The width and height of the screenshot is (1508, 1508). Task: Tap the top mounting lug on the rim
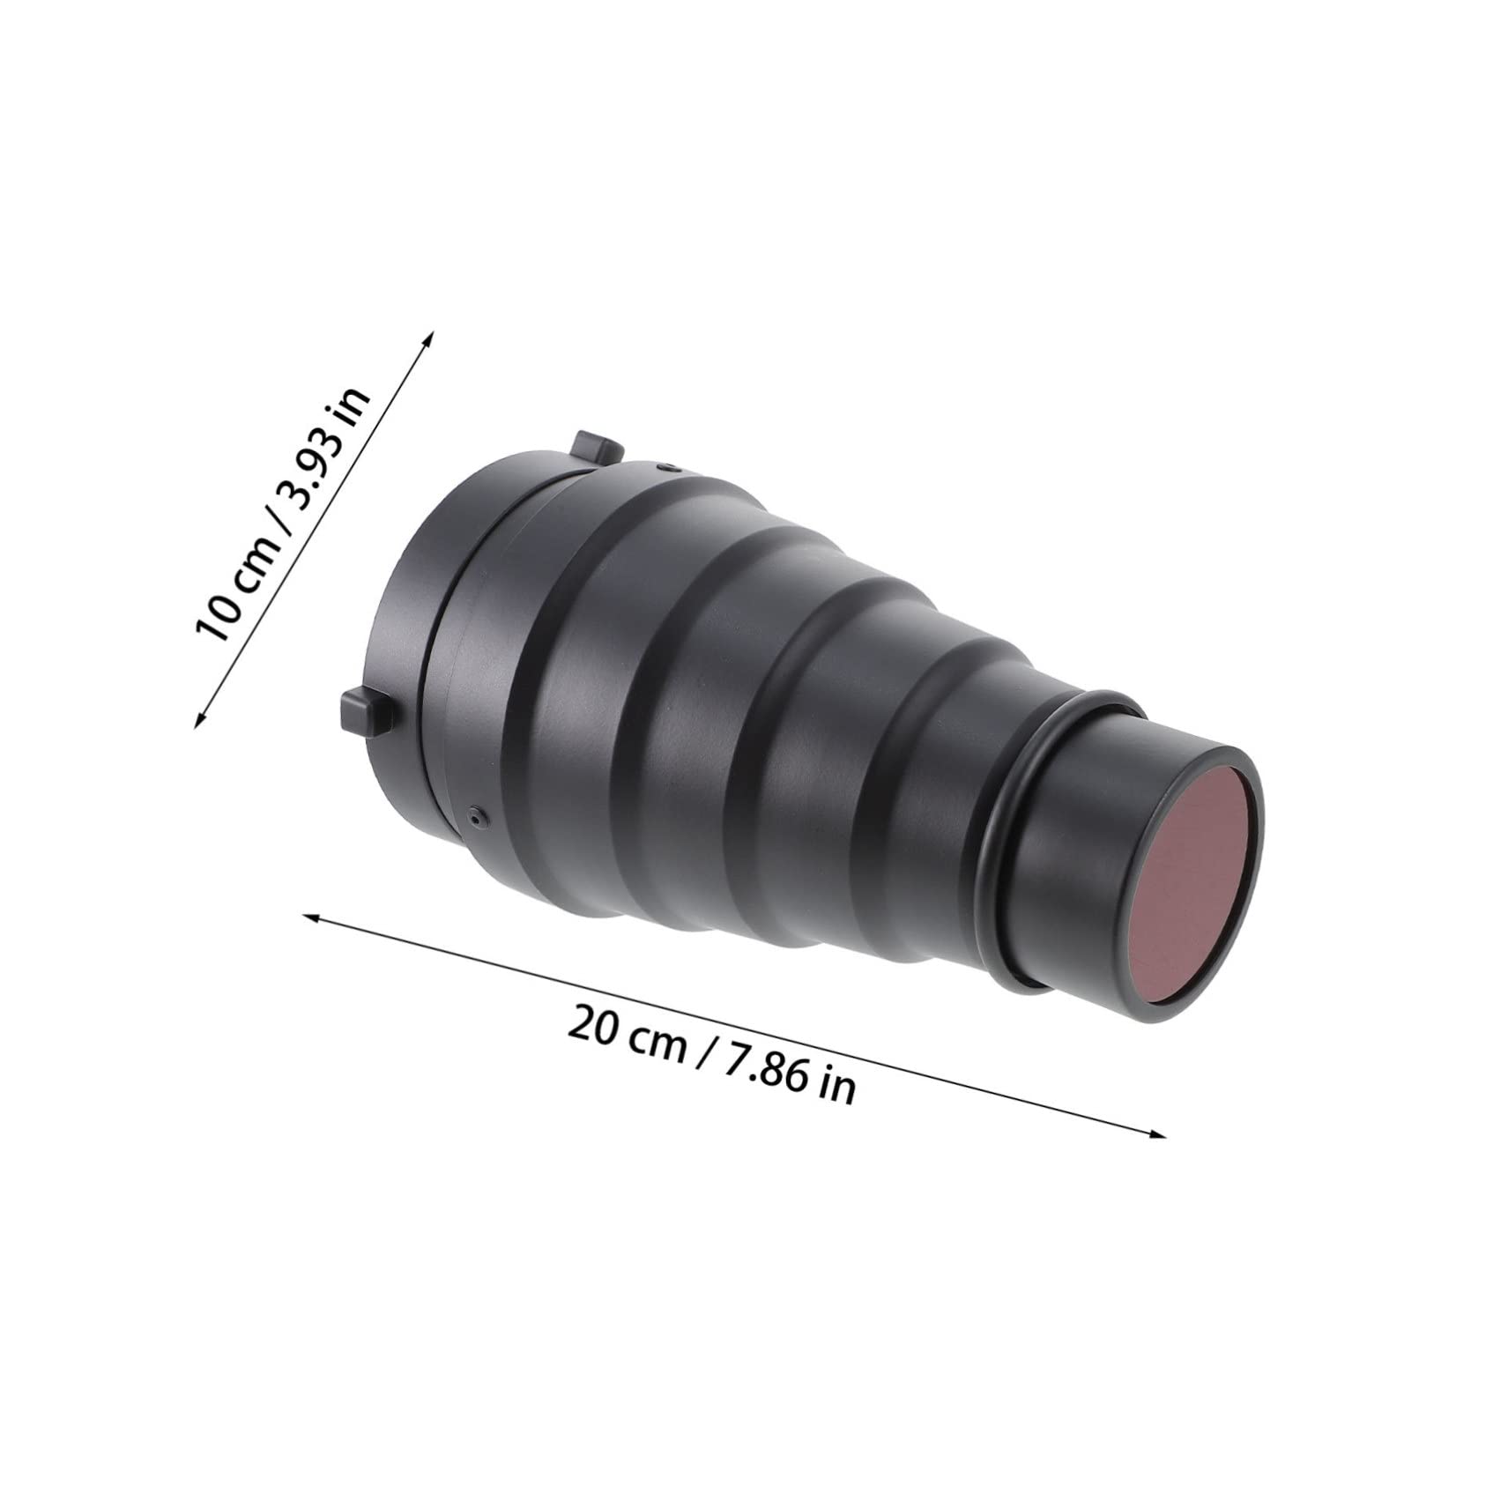click(595, 448)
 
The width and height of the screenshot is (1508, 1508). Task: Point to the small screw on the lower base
click(477, 817)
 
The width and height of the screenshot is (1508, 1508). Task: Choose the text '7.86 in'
click(790, 1083)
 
